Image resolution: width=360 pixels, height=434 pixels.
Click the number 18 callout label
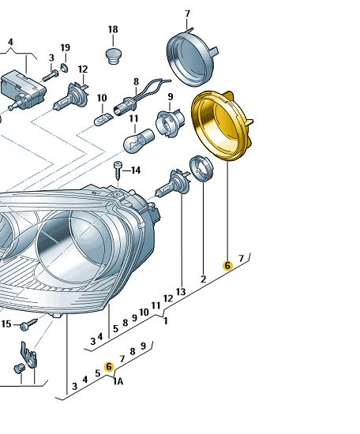coord(112,29)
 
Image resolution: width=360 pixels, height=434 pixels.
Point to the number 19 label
coord(65,47)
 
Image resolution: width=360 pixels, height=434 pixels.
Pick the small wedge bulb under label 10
coord(103,119)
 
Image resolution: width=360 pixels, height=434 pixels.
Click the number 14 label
coord(135,170)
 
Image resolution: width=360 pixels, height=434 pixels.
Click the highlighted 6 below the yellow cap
coord(227,266)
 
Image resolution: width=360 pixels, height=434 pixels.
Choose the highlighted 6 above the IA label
coord(109,366)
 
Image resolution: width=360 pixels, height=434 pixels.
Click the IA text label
coord(118,382)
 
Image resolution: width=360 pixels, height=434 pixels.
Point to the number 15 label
coord(6,324)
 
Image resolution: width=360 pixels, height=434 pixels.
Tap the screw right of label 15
coord(29,324)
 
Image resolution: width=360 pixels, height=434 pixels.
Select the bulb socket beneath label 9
coord(169,122)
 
